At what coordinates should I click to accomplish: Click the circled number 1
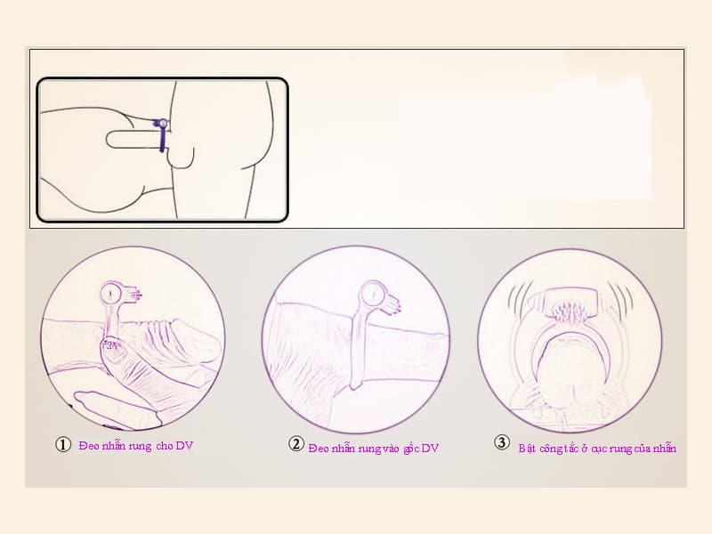(63, 444)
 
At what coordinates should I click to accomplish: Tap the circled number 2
(296, 443)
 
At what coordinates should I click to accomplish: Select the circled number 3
(501, 442)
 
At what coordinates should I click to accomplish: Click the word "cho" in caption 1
(165, 446)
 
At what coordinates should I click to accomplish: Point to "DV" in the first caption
(184, 446)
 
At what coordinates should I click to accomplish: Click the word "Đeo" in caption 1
(89, 446)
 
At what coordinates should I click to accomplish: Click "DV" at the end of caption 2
(430, 449)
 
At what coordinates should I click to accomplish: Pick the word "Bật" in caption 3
(528, 449)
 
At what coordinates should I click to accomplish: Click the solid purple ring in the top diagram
(162, 135)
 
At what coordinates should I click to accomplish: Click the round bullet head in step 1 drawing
(110, 294)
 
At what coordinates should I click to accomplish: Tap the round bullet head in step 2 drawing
(372, 295)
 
